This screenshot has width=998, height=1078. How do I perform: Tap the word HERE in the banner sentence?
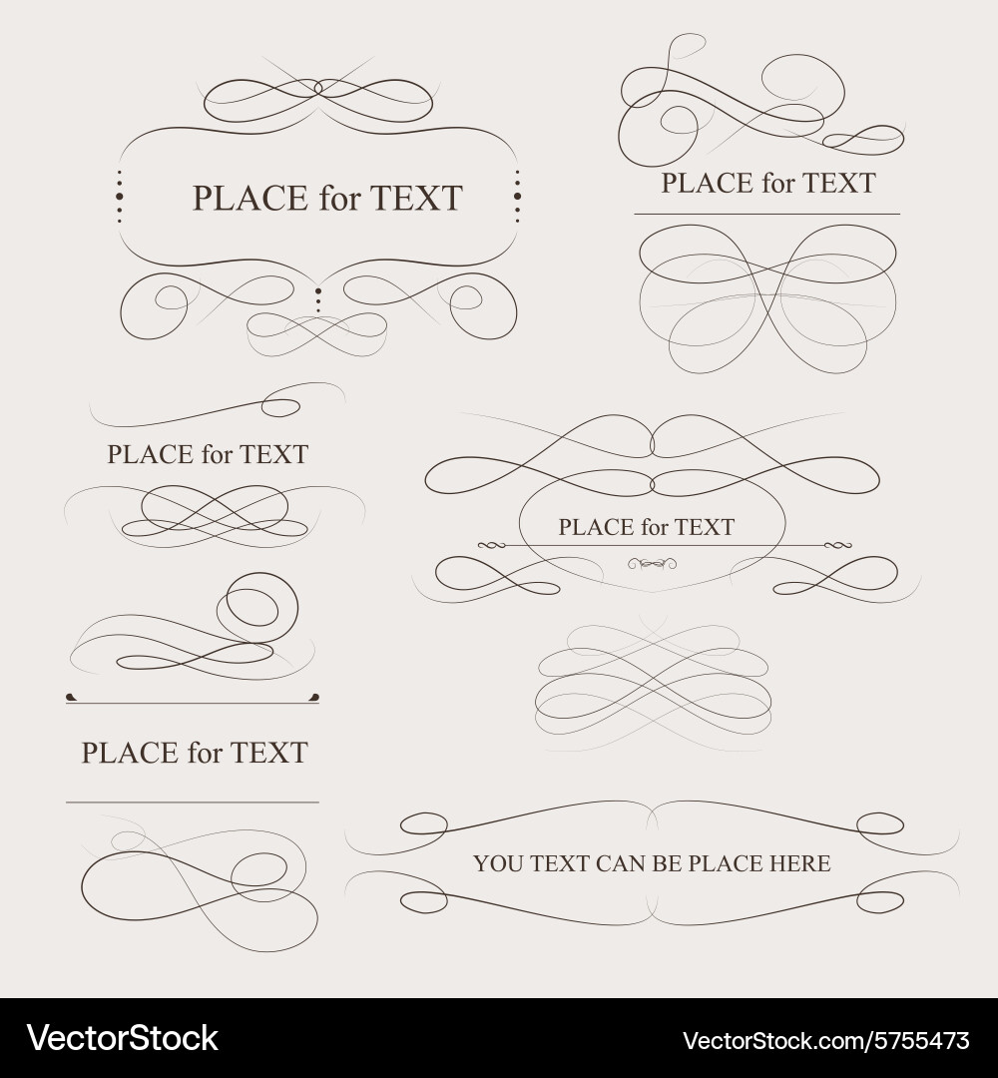point(798,863)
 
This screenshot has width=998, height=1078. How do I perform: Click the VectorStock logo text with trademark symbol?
point(122,1038)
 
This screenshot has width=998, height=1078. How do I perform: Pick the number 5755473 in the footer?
point(918,1040)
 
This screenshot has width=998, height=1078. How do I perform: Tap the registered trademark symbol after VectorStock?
point(225,1029)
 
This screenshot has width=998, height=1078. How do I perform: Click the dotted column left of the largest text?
point(120,196)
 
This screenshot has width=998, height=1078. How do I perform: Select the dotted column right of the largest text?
point(517,196)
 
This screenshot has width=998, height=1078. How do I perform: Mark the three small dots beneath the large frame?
point(317,299)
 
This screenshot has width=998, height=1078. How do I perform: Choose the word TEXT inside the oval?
point(705,527)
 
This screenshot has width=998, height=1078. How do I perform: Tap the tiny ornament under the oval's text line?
point(653,565)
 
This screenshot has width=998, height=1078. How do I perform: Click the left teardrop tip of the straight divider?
point(71,697)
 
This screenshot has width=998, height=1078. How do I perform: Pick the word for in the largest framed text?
point(339,198)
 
